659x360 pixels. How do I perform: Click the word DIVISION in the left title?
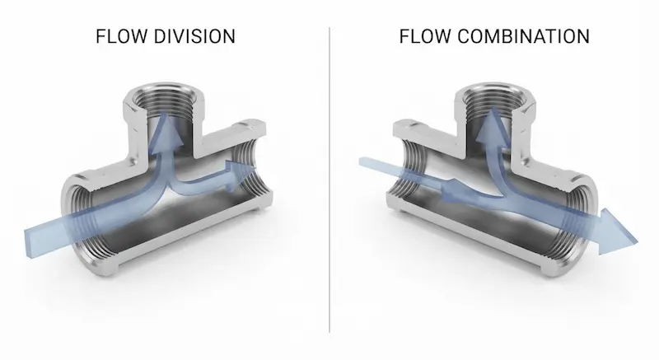(x=194, y=36)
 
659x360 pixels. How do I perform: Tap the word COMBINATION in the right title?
(x=523, y=36)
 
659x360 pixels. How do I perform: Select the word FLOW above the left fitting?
(x=121, y=36)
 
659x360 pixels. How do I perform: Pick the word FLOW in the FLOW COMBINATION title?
(x=425, y=36)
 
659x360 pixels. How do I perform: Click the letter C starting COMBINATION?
(x=464, y=36)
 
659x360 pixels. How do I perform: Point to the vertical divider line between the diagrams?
(x=329, y=180)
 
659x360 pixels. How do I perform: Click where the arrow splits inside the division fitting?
(x=168, y=185)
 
